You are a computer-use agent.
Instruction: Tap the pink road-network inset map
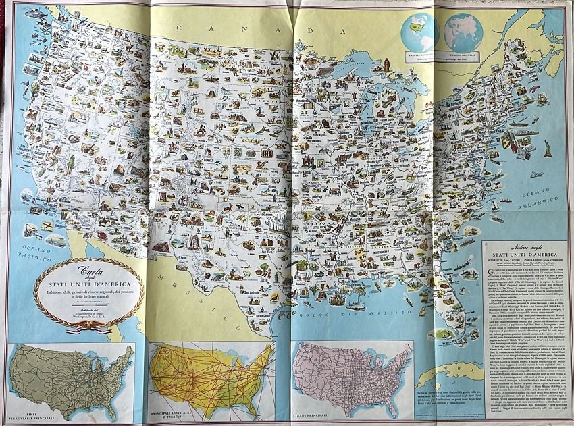point(351,378)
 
